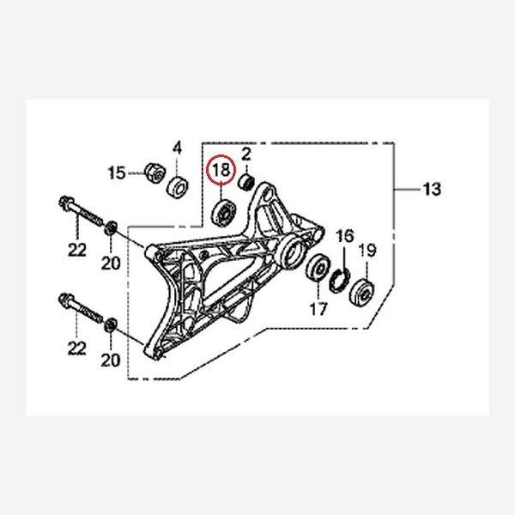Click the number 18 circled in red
[x=221, y=170]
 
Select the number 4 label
[x=178, y=148]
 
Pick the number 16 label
[x=344, y=235]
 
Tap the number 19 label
[x=367, y=251]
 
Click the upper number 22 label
[x=77, y=249]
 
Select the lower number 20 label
[x=111, y=361]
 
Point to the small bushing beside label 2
[x=245, y=181]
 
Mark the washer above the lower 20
[x=111, y=327]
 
